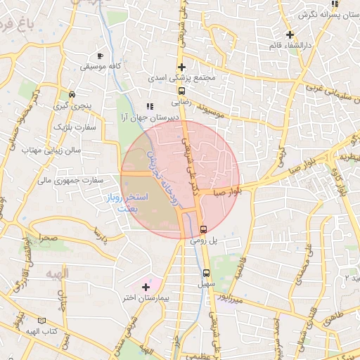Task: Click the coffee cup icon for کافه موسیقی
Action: (x=101, y=56)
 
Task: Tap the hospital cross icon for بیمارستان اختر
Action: (x=146, y=287)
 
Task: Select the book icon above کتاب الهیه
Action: (x=49, y=321)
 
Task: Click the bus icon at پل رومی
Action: (x=204, y=229)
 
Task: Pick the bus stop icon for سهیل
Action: (x=206, y=273)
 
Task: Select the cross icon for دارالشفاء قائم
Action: (x=290, y=34)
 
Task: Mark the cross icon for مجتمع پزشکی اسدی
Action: (x=181, y=67)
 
